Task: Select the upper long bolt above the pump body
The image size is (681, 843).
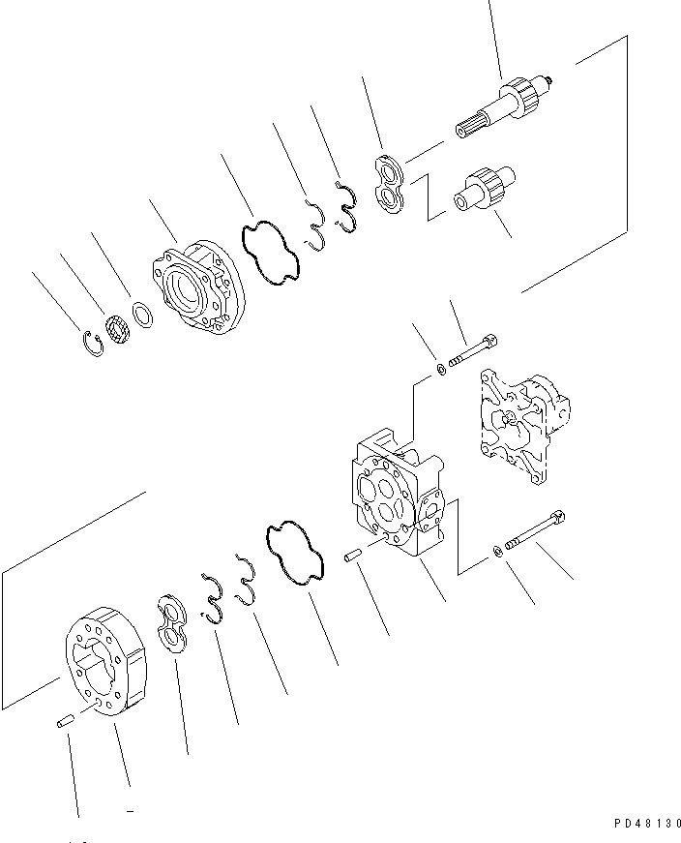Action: [474, 353]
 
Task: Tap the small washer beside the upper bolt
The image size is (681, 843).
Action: [441, 368]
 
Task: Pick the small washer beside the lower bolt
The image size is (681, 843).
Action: [497, 551]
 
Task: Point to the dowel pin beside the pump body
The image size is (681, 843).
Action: [353, 556]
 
